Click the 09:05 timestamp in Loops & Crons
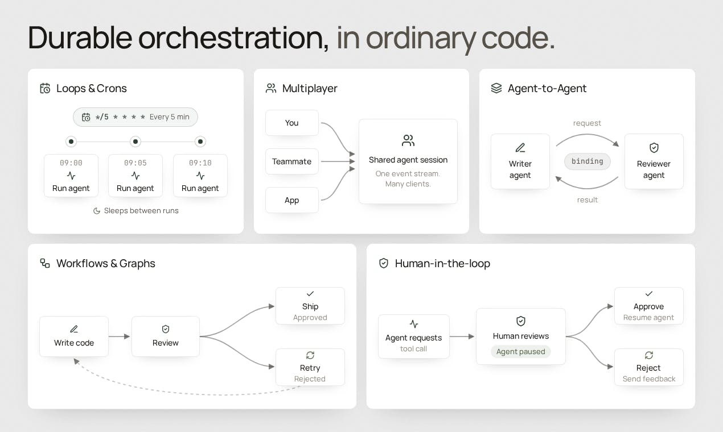point(135,163)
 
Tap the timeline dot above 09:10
point(200,142)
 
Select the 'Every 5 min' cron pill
point(135,117)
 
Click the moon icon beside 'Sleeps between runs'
point(97,211)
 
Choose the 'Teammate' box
point(292,161)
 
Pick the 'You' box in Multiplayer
point(292,123)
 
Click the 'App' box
point(292,200)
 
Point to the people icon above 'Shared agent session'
point(408,140)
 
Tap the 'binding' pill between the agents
point(587,161)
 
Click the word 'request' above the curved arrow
point(587,123)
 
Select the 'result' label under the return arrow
point(587,200)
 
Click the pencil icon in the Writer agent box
point(520,148)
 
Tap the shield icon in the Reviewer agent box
point(654,148)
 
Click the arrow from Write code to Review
point(119,337)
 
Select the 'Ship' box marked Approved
point(310,306)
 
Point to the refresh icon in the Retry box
point(310,355)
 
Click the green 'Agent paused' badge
point(521,351)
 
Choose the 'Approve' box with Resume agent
point(649,306)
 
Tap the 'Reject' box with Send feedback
point(649,367)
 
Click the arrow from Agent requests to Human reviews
point(462,337)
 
